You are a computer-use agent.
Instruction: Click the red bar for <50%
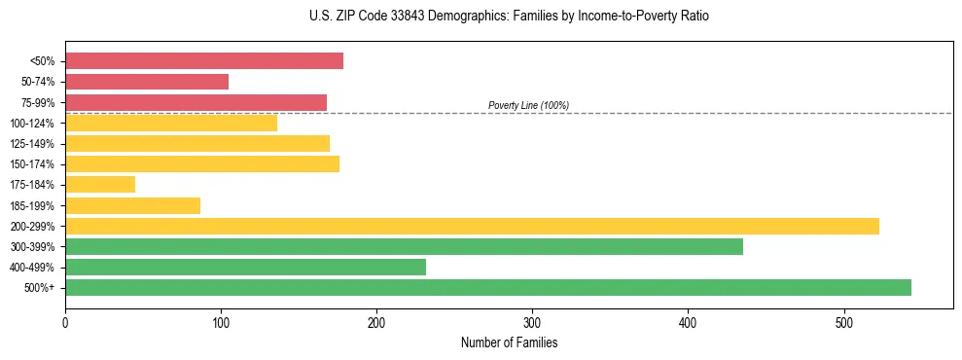coord(204,61)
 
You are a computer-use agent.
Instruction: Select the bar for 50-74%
coord(147,82)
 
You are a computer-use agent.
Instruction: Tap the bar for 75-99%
coord(196,102)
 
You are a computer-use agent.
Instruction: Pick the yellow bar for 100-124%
coord(171,123)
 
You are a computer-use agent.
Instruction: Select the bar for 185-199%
coord(132,205)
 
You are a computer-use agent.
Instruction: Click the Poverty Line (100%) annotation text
coord(528,105)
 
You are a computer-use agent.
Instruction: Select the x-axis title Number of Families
coord(509,342)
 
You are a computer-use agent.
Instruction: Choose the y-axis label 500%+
coord(40,288)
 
